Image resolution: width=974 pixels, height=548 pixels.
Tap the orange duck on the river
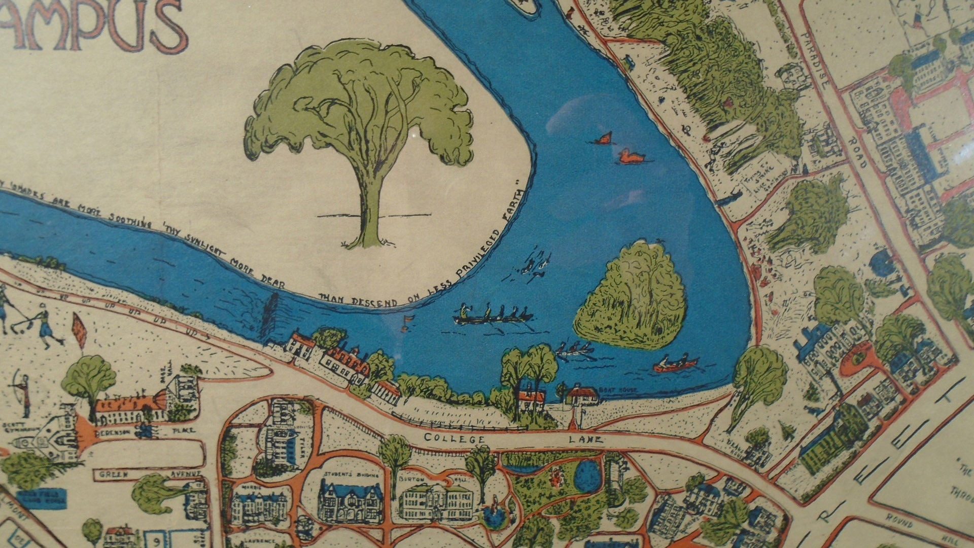[631, 157]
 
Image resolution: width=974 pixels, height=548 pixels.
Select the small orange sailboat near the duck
[604, 138]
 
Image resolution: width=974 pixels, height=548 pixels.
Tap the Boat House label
[610, 391]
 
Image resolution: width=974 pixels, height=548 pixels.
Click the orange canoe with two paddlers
[675, 363]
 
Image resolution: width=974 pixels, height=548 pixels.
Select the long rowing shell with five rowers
[493, 317]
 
